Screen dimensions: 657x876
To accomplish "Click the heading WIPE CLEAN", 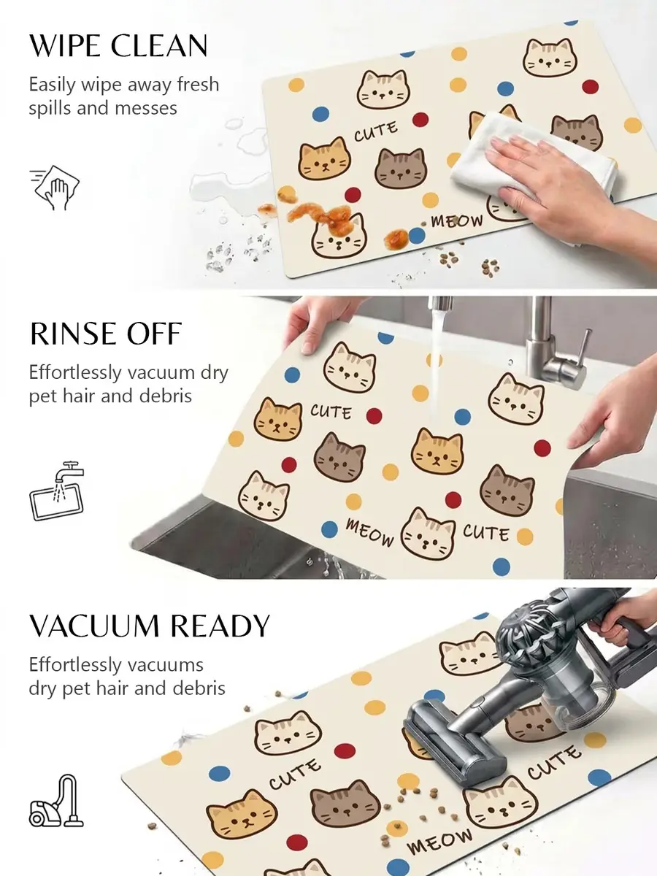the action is coord(118,45).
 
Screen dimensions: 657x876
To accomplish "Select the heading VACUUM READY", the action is coord(150,626).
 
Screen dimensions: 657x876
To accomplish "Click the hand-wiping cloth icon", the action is coord(55,187).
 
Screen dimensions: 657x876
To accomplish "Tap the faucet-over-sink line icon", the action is coord(57,491).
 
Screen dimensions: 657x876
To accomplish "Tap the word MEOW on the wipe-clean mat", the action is coord(457,220).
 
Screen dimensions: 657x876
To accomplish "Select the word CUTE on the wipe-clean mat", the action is coord(376,131).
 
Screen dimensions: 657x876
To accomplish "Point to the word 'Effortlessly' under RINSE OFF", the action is coord(75,373).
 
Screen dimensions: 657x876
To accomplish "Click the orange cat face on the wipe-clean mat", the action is coord(325,158).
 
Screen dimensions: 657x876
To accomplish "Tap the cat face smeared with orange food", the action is coord(339,237).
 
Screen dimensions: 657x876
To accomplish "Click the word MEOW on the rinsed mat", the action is coord(369,532).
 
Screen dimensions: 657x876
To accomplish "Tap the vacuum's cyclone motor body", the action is coord(534,639).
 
